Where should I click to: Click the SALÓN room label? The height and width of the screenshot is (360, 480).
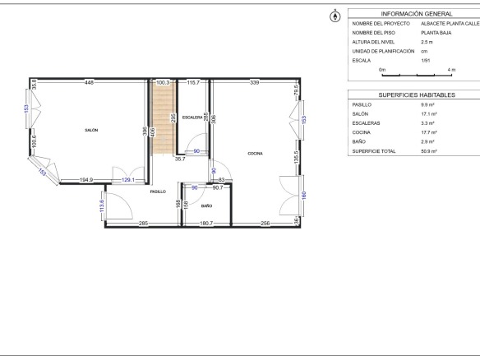point(91,130)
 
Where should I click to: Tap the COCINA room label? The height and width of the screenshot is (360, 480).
point(255,154)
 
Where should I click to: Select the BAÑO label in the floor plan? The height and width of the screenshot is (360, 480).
point(206,206)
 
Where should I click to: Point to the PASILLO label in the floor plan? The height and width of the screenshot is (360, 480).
point(158,192)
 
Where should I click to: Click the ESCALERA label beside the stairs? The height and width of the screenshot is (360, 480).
point(192,118)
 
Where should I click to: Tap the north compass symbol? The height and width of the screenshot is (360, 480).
point(335,16)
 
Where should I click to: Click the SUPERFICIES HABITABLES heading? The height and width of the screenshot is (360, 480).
point(417,95)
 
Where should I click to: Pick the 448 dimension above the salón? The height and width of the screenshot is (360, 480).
point(90,82)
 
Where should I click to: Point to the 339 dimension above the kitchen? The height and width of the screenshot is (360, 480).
point(255,82)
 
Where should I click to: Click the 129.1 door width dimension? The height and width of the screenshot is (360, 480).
point(128,180)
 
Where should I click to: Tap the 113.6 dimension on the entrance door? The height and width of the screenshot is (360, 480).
point(102,205)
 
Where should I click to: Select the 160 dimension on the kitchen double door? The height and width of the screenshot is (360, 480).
point(304,195)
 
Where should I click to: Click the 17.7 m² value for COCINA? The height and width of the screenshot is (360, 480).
point(429,132)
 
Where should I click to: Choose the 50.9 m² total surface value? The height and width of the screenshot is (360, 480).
point(429,151)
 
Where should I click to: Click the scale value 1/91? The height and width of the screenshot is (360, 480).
point(426,61)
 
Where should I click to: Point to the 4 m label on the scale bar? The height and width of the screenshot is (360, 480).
point(451,70)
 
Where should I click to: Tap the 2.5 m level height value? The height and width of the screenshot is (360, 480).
point(427,42)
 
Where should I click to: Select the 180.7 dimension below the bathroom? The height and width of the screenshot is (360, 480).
point(206,224)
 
